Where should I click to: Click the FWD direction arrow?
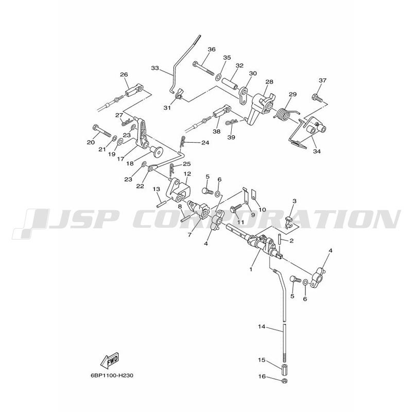tap(110, 359)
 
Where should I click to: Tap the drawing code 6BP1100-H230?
tap(112, 375)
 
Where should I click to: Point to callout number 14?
tap(262, 327)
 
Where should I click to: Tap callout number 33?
tap(155, 68)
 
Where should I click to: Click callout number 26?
tap(124, 75)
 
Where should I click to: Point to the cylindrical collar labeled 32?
tap(231, 83)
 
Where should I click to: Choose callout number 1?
tap(251, 269)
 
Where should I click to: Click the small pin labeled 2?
tap(280, 239)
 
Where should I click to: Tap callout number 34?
tap(317, 151)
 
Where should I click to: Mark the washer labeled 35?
tap(218, 78)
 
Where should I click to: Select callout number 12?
tap(187, 174)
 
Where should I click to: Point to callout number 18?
tap(130, 163)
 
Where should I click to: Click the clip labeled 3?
tap(289, 222)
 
